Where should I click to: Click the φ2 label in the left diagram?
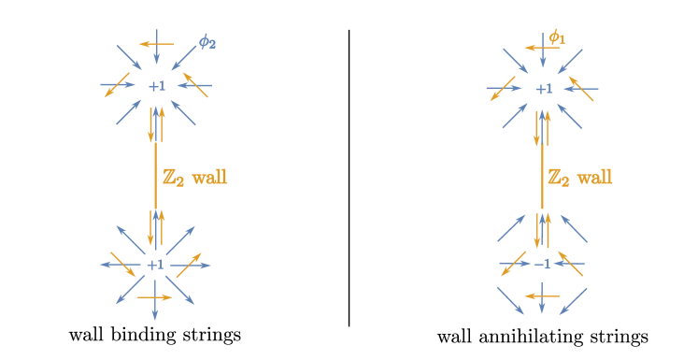tap(207, 42)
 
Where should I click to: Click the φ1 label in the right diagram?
tap(557, 37)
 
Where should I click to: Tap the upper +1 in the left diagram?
tap(156, 86)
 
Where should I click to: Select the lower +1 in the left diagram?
tap(156, 265)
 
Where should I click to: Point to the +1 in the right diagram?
tap(544, 89)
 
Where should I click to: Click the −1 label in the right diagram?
tap(543, 265)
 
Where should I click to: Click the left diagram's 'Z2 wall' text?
tap(194, 177)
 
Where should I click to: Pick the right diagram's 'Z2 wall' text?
tap(579, 177)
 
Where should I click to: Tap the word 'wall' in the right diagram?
tap(594, 177)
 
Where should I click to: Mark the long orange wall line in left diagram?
tap(156, 178)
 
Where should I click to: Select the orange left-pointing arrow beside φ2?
tap(155, 43)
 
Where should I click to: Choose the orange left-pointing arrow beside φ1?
tap(535, 48)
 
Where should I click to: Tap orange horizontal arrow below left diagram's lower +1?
tap(155, 297)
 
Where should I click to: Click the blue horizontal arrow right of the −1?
tap(570, 265)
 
